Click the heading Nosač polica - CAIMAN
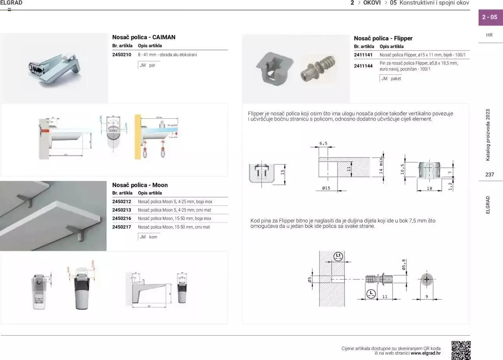(x=144, y=37)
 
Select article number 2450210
(x=121, y=55)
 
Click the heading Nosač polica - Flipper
(x=383, y=38)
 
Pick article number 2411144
(x=363, y=66)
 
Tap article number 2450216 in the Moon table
(x=121, y=219)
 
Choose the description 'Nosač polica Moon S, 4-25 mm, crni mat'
(x=174, y=210)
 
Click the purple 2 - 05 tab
(x=490, y=17)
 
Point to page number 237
(x=490, y=175)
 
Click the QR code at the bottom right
(x=461, y=350)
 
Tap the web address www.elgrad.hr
(x=426, y=353)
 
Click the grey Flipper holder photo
(x=275, y=67)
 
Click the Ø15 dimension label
(x=326, y=188)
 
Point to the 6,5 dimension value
(x=323, y=144)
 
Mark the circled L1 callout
(x=338, y=257)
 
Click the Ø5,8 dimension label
(x=404, y=264)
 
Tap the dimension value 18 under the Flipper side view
(x=429, y=189)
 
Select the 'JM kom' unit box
(x=149, y=237)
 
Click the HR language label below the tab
(x=489, y=35)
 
